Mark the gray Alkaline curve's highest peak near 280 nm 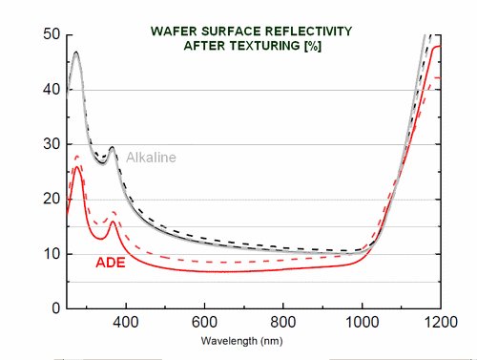tap(75, 53)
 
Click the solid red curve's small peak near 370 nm tap(113, 222)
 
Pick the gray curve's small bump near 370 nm tap(113, 148)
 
